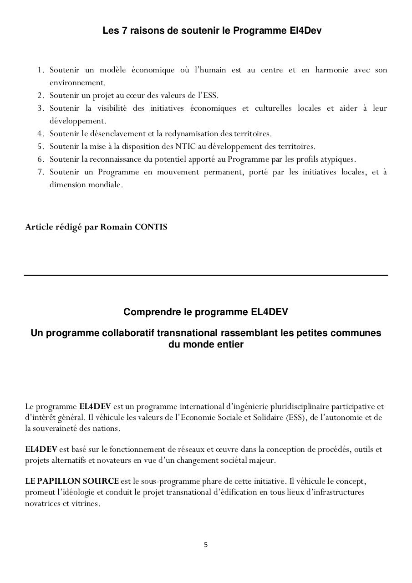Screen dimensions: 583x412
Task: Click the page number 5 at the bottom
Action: [206, 544]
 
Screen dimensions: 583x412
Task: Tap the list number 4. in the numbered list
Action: [41, 133]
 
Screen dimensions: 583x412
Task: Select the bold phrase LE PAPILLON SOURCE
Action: [72, 481]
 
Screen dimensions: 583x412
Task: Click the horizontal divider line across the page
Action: [206, 275]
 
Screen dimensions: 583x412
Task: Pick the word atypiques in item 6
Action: [338, 159]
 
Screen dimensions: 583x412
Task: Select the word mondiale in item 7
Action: [107, 185]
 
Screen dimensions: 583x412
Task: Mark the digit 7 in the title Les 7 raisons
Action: [125, 31]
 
